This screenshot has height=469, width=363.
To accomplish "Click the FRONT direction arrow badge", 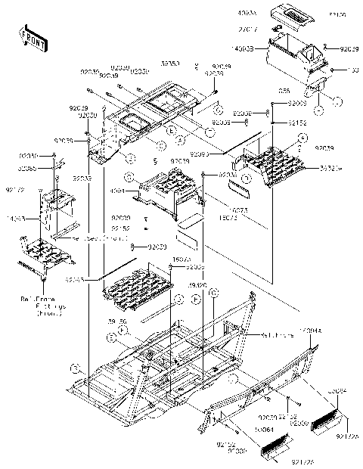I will (28, 35).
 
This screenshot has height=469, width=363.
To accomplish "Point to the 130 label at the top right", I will (355, 70).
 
